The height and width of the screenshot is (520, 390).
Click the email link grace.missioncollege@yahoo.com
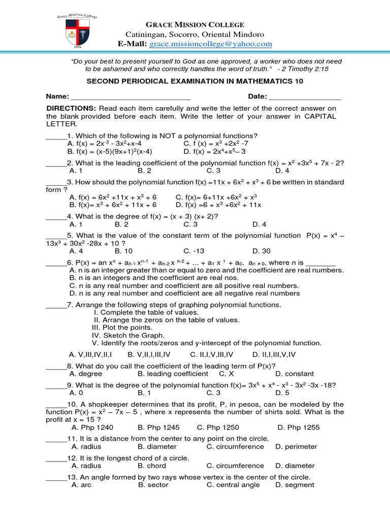pos(210,44)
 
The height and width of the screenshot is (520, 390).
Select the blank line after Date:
pos(305,96)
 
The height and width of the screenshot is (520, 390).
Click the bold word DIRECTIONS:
pos(71,108)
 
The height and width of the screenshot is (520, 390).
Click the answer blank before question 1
pos(56,136)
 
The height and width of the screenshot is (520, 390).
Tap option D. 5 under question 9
pos(282,393)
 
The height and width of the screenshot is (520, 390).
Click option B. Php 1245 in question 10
pos(158,427)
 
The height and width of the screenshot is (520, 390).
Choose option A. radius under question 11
pos(86,446)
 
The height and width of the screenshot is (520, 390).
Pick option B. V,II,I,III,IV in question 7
pos(149,354)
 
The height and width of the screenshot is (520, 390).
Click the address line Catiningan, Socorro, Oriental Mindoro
pos(195,35)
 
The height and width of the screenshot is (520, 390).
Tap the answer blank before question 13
pos(56,477)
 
